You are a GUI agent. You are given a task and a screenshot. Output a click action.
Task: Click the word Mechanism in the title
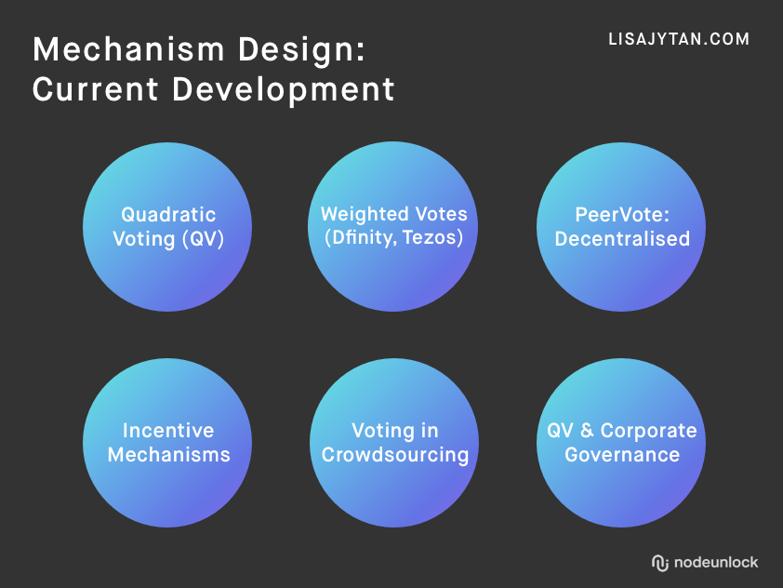(x=128, y=49)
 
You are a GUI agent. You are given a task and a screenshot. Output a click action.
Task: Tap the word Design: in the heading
(x=301, y=50)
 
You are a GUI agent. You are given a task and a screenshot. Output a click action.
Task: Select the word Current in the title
(x=96, y=89)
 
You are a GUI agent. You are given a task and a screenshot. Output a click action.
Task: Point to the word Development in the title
(x=283, y=90)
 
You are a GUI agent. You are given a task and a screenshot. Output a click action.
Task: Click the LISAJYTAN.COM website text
(x=679, y=39)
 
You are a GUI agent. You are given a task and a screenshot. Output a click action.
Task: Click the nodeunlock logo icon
(x=659, y=563)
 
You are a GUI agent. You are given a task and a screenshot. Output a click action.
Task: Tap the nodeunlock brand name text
(x=716, y=563)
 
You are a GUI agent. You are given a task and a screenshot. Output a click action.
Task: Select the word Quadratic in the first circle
(x=168, y=215)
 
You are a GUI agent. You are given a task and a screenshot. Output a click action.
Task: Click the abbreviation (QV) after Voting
(x=203, y=239)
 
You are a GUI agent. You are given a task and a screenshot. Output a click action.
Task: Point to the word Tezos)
(x=433, y=237)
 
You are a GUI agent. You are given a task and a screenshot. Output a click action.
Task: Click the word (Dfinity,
(x=361, y=237)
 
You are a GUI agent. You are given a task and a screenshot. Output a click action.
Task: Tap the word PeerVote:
(x=622, y=215)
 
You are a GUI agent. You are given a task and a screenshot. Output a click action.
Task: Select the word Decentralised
(x=622, y=239)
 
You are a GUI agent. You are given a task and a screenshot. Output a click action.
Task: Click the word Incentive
(x=168, y=431)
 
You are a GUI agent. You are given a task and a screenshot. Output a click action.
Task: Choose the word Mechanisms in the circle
(x=169, y=455)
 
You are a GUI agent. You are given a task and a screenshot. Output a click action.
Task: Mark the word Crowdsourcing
(x=395, y=455)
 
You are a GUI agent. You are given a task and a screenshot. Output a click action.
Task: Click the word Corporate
(x=649, y=431)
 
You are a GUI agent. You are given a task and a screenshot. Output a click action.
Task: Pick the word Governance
(x=622, y=455)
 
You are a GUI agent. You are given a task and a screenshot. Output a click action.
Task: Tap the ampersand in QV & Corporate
(x=588, y=431)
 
